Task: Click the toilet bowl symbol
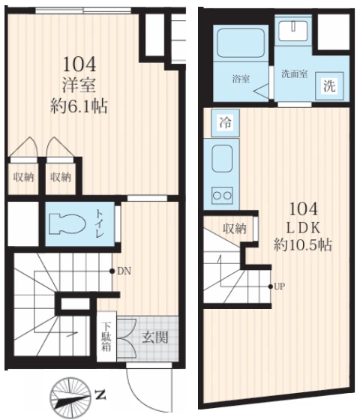click(67, 223)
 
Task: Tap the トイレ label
click(99, 223)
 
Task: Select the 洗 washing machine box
click(329, 85)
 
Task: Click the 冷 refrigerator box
click(225, 123)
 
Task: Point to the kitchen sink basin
click(222, 158)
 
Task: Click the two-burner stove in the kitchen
click(222, 195)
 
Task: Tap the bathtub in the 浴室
click(241, 43)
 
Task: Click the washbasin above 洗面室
click(292, 31)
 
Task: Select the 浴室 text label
click(241, 79)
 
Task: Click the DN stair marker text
click(124, 271)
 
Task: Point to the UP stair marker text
click(280, 286)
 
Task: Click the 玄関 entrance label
click(154, 337)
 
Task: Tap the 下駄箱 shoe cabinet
click(106, 337)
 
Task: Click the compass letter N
click(100, 394)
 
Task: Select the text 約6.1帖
click(79, 106)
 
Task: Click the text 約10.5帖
click(303, 244)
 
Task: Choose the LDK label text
click(304, 228)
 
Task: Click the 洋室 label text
click(79, 85)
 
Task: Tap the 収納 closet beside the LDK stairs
click(234, 229)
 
